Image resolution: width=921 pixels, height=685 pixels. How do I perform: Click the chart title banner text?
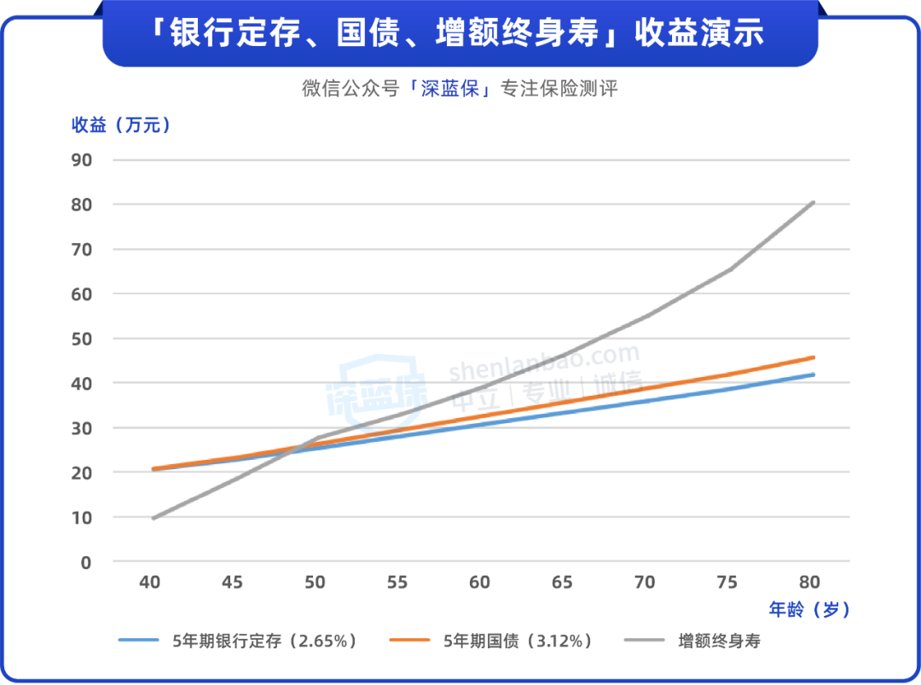click(x=460, y=34)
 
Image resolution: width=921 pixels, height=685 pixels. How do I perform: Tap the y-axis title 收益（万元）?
click(x=121, y=125)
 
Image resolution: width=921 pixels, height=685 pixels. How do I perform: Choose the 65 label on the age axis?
click(x=562, y=583)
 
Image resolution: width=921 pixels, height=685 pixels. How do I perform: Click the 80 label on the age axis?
click(x=809, y=583)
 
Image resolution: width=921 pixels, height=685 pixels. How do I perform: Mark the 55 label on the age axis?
click(x=397, y=583)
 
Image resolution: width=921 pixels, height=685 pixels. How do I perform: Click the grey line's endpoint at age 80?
click(x=814, y=202)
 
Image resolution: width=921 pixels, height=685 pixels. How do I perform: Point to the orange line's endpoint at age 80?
click(x=814, y=357)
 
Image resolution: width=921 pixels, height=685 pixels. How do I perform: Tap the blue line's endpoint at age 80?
click(x=814, y=374)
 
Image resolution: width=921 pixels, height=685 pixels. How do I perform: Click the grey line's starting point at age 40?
click(x=153, y=519)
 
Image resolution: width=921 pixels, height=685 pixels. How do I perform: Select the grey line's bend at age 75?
click(x=731, y=270)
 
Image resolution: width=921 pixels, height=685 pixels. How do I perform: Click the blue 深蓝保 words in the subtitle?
click(x=449, y=89)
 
